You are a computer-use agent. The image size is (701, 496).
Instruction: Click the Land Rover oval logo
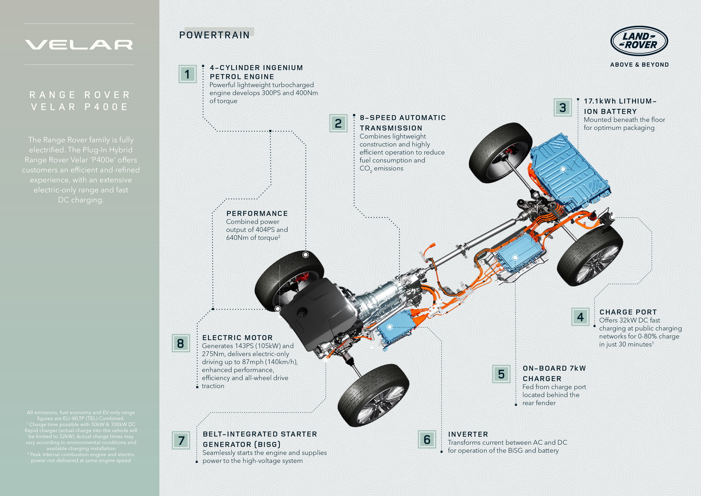pos(639,41)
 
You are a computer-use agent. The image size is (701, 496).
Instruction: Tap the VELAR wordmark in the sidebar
pos(79,45)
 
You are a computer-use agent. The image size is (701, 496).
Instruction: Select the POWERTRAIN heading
pos(214,35)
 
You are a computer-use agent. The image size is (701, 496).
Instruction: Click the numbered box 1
pos(187,74)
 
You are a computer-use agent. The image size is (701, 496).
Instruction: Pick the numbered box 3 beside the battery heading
pos(563,107)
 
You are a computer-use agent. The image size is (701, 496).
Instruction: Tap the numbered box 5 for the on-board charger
pos(501,374)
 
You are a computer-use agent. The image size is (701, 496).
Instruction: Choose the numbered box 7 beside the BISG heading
pos(181,440)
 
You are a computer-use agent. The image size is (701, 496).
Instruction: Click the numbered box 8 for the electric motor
pos(181,343)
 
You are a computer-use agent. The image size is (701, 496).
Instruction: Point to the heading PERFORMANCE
pos(257,213)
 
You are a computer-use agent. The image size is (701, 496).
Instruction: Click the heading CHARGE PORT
pos(628,312)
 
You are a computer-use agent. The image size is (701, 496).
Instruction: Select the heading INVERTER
pos(468,434)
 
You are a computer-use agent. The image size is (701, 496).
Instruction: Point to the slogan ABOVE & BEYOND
pos(639,65)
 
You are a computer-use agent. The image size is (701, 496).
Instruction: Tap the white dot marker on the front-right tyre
pos(306,255)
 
